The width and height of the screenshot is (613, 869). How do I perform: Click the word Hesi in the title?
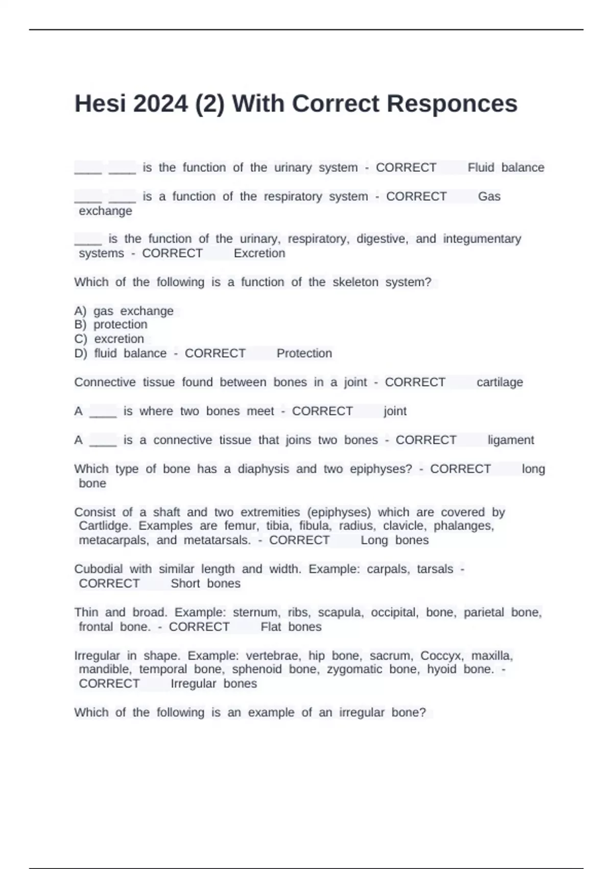tap(100, 104)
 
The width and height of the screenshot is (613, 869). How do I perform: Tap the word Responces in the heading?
tap(452, 104)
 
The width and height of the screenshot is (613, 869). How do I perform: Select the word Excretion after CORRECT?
tap(260, 254)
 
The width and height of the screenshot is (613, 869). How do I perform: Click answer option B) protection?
tap(111, 325)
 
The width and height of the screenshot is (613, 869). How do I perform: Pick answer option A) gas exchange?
tap(124, 311)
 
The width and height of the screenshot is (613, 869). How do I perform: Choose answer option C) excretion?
tap(110, 339)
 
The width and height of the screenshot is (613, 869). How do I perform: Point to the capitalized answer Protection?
tap(304, 353)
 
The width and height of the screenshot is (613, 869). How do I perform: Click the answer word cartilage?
tap(500, 382)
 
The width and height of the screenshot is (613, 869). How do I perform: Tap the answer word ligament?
tap(511, 440)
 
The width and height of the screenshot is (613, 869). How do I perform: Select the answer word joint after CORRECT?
tap(395, 411)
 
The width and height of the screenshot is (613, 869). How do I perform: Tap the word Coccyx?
tap(442, 656)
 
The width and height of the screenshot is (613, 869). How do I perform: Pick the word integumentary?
tap(482, 239)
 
